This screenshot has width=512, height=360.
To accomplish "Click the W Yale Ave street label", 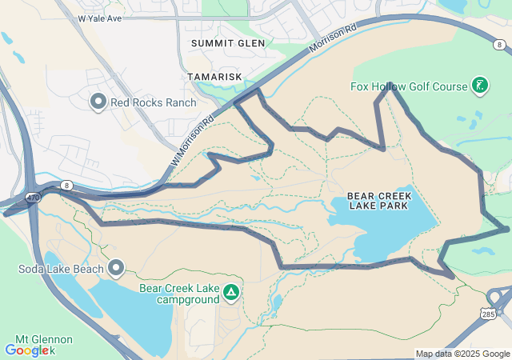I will click(x=100, y=18).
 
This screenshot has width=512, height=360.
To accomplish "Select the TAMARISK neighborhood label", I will click(x=214, y=76).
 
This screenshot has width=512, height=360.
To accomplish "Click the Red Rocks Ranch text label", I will click(x=149, y=102).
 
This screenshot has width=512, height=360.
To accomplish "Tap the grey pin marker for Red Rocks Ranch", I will click(x=98, y=101).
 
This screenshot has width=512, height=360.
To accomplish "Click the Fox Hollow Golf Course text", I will click(x=408, y=86).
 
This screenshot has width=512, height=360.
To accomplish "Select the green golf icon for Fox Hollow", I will click(x=480, y=85).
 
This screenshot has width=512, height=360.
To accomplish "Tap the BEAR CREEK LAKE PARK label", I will click(x=378, y=201).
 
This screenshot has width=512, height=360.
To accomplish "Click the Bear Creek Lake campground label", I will click(x=180, y=294).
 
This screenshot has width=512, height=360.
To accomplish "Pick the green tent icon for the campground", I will click(x=232, y=293).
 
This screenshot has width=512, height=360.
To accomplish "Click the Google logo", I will click(x=30, y=350).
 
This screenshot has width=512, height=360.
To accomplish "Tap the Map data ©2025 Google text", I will click(x=462, y=354).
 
